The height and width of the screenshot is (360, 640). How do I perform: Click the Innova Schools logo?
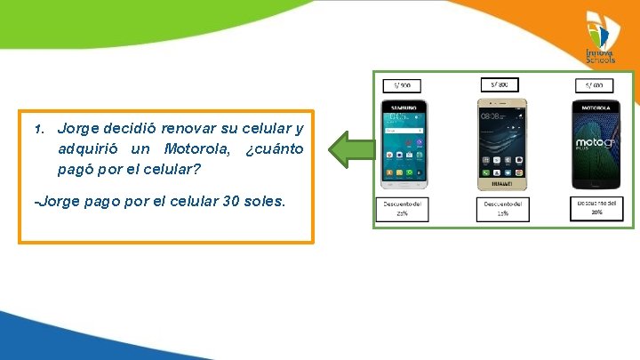point(600,37)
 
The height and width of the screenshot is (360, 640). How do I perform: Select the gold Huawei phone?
point(501,144)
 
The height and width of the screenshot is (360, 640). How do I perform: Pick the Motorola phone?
point(595,144)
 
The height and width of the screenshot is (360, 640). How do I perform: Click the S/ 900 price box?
point(402,85)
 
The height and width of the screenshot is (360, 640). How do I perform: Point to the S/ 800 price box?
point(500,84)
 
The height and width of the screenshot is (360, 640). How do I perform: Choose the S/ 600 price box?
point(594,85)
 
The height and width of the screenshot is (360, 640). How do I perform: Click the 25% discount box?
point(402,209)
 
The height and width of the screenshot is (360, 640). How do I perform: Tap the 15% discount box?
point(502,209)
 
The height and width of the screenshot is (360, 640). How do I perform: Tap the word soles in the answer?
point(266,201)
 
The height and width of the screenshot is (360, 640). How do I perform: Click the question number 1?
point(38,129)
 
